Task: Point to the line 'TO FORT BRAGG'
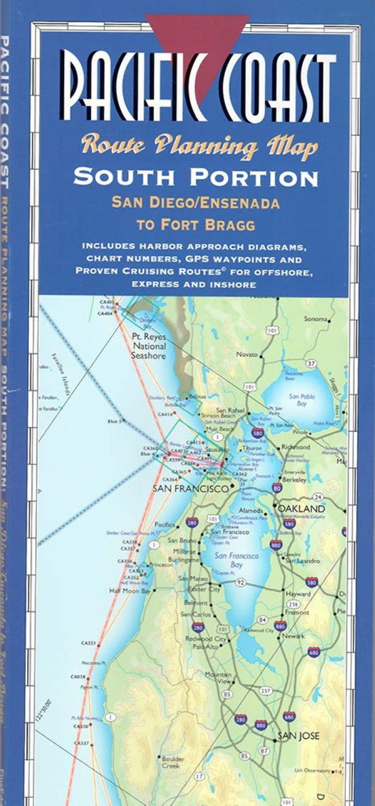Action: coord(195,224)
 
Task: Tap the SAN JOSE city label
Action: coord(298,736)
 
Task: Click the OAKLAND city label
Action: coord(302,509)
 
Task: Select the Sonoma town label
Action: coord(316,319)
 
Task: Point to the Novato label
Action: coord(247,355)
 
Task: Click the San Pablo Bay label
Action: coord(298,400)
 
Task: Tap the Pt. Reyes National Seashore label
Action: coord(149,346)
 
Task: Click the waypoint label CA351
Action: coord(88,643)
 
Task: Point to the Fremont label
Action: coord(298,613)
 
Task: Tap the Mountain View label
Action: coord(218,678)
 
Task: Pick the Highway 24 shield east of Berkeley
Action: coord(318,497)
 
